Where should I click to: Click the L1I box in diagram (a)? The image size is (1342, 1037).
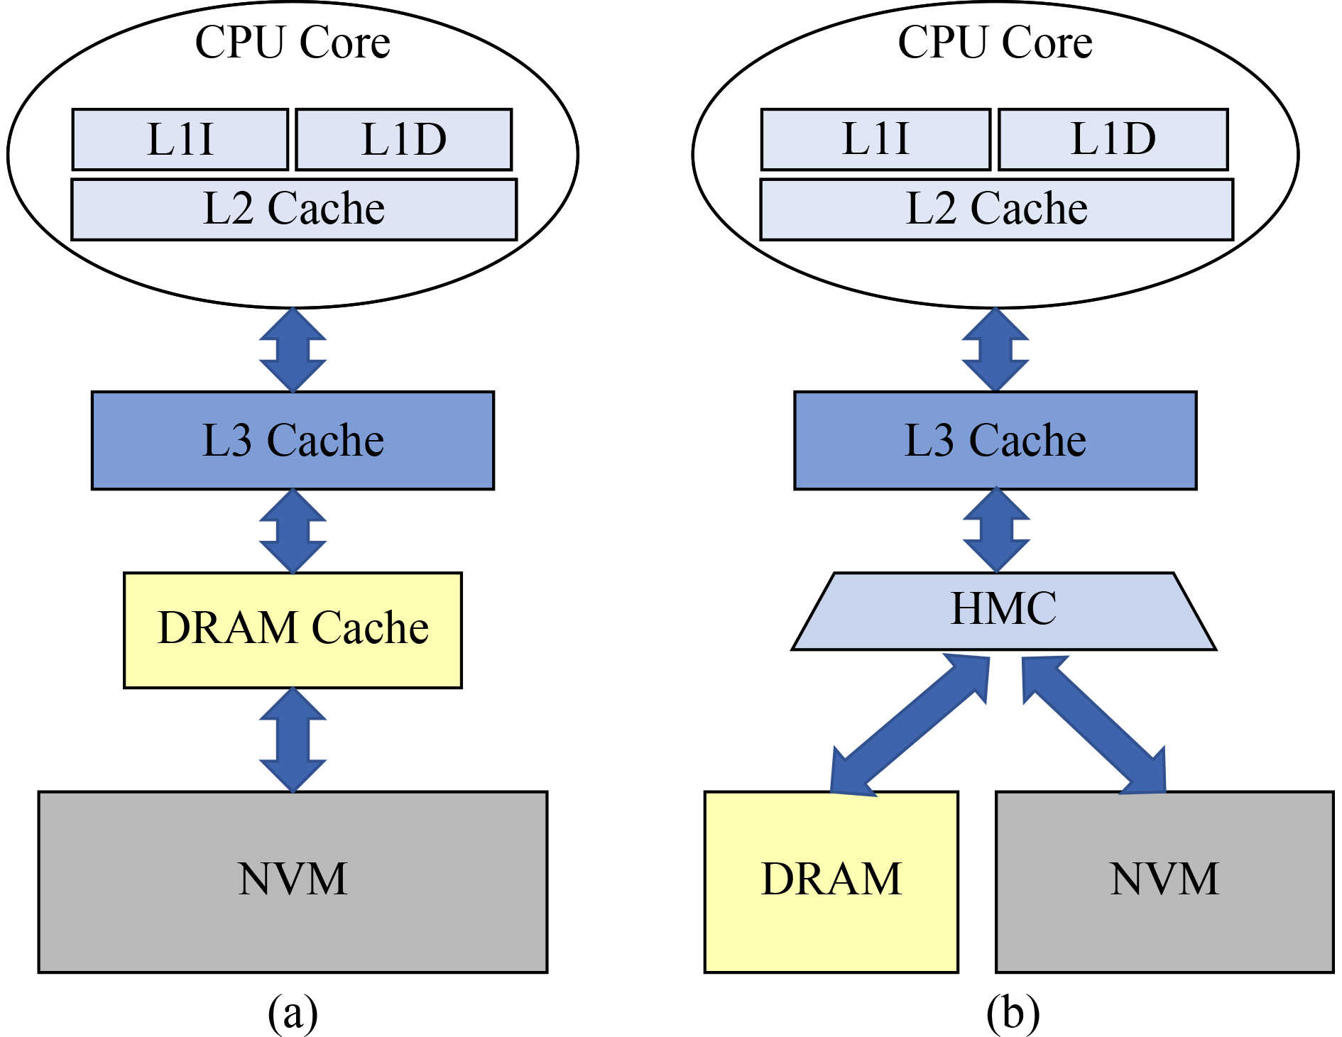pos(180,139)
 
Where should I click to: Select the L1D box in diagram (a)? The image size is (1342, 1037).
pos(403,139)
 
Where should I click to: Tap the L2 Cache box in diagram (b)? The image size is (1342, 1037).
pos(996,209)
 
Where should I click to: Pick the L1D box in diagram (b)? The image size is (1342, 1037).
pos(1113,139)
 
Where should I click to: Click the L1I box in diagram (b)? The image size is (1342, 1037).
pos(875,139)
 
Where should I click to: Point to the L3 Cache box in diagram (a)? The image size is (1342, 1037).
pos(293,440)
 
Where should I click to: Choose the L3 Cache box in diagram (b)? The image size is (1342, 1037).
pos(995,440)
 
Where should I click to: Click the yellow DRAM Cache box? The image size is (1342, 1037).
pos(293,630)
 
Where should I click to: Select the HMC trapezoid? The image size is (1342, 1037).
pos(1003,610)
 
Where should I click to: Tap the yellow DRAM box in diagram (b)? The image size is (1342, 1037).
pos(831,881)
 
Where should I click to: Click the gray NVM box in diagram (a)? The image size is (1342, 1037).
pos(293,881)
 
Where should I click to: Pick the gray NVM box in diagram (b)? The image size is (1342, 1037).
pos(1164,881)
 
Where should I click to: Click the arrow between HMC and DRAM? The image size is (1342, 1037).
pos(910,725)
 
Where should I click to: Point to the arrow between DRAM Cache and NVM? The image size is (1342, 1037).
pos(293,740)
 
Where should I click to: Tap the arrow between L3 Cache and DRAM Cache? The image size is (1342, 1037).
pos(293,531)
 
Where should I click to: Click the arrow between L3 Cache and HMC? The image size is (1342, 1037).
pos(996,530)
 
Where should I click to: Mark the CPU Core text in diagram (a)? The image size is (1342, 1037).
pos(293,43)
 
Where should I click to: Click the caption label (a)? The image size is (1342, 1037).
pos(293,1012)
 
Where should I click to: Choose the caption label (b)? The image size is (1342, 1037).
pos(1013,1012)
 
